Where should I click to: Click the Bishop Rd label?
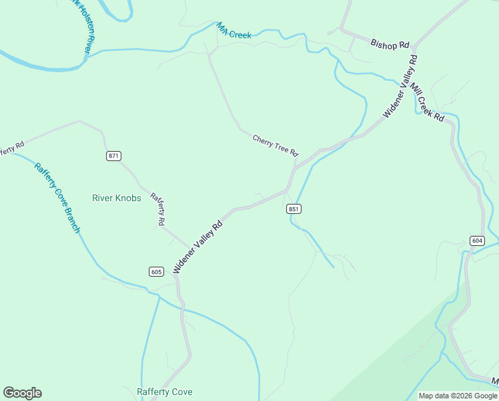390,44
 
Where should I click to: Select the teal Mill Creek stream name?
233,31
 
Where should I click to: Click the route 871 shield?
113,156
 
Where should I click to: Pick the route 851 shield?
294,209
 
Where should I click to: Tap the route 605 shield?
156,271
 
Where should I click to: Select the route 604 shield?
476,241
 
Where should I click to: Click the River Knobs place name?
116,198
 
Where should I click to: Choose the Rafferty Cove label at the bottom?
165,392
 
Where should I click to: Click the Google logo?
22,393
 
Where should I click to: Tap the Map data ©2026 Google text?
458,396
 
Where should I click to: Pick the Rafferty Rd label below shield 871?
158,208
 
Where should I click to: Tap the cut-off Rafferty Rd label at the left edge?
12,148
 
